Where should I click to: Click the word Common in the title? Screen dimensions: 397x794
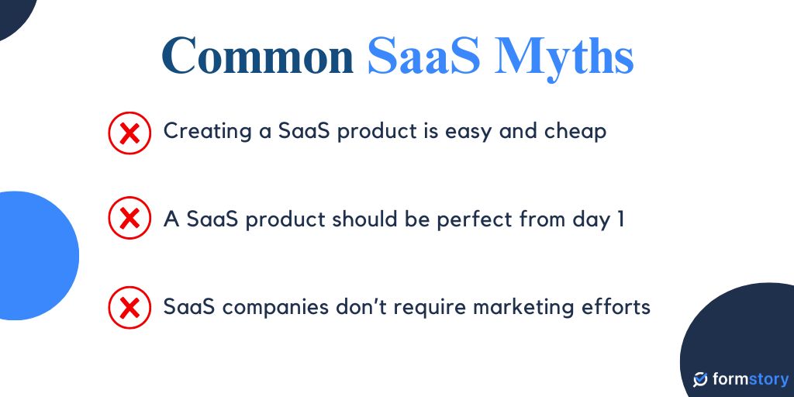coord(257,56)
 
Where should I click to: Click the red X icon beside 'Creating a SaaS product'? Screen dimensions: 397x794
coord(129,133)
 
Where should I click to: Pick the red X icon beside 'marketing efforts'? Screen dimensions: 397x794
coord(129,308)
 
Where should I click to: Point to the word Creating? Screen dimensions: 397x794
coord(205,131)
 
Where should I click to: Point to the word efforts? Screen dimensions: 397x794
coord(616,306)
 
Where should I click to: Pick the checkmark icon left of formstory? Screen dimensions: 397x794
coord(700,380)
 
